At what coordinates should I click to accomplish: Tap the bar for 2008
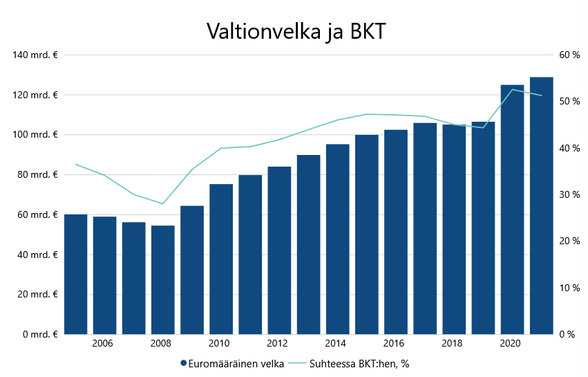point(163,279)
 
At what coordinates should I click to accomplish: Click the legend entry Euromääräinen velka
point(232,363)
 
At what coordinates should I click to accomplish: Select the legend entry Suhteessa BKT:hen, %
point(353,363)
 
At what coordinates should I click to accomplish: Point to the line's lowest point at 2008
point(163,203)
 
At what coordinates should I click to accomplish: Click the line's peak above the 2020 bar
point(512,90)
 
